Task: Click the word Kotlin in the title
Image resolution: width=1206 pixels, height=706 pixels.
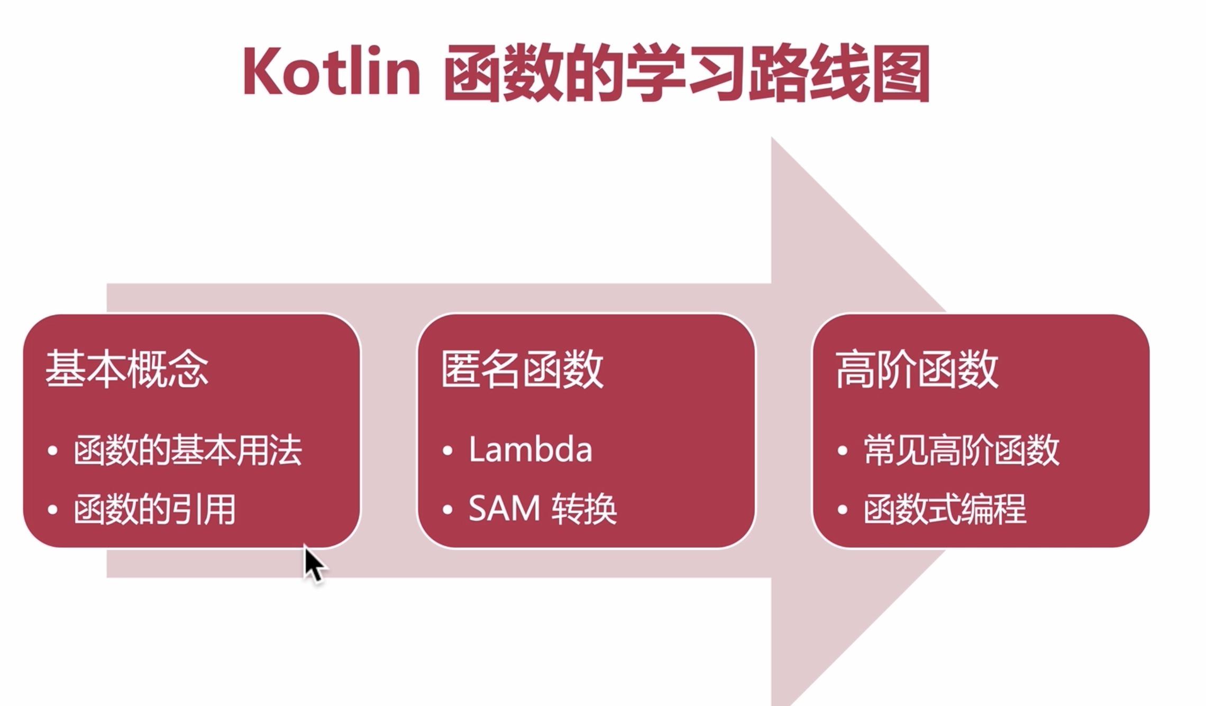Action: coord(331,71)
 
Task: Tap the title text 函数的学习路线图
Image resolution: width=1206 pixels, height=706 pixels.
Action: coord(687,73)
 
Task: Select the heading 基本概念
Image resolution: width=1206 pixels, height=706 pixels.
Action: coord(127,369)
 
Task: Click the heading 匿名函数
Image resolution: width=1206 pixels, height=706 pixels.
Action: coord(522,369)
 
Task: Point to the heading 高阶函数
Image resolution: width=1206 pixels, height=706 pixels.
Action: coord(917,369)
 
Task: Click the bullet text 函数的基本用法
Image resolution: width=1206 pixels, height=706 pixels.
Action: coord(188,450)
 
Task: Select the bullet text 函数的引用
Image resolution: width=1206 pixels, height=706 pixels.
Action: coord(154,509)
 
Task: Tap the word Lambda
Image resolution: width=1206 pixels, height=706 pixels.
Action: coord(531,450)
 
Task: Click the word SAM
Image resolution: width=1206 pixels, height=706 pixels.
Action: coord(504,509)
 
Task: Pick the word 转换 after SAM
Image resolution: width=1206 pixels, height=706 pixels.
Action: coord(584,509)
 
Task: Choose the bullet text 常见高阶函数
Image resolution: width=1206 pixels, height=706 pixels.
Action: coord(962,450)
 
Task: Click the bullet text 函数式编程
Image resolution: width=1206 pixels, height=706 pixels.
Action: coord(945,509)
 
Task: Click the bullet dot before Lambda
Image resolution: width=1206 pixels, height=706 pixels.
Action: coord(447,451)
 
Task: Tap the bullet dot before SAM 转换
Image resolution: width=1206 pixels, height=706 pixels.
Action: coord(447,510)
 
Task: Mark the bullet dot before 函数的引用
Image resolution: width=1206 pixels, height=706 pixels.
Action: coord(52,510)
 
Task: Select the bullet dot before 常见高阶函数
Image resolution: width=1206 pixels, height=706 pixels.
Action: coord(843,451)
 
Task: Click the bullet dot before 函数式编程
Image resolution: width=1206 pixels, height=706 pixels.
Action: coord(843,510)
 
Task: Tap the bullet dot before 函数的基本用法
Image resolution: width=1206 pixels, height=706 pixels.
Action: coord(52,451)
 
